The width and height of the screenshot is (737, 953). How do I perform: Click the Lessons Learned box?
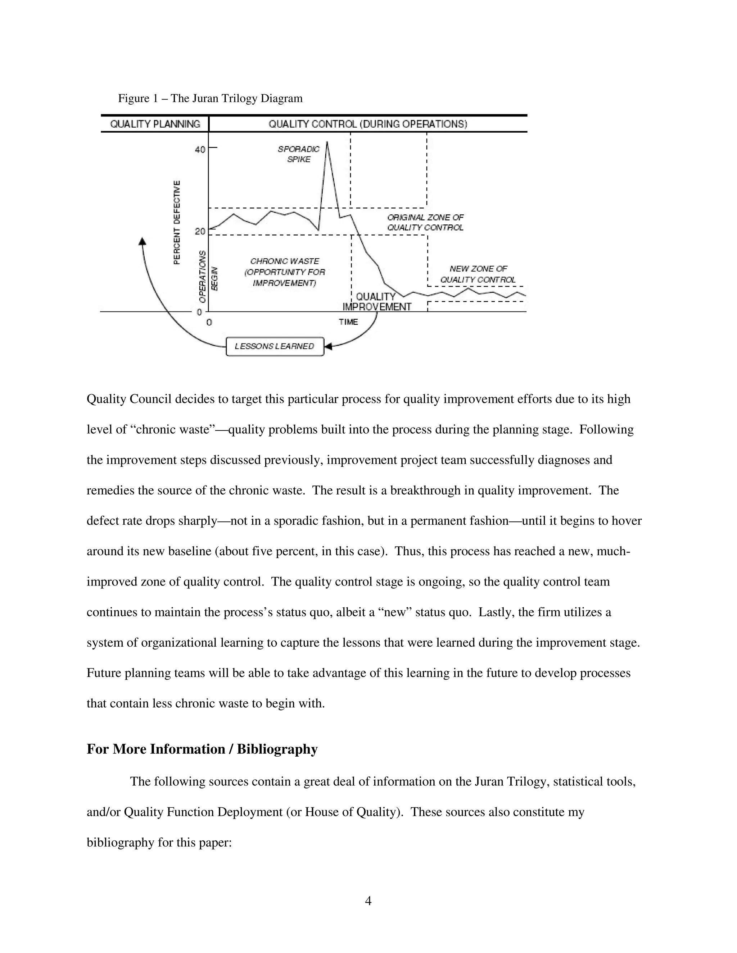pyautogui.click(x=275, y=346)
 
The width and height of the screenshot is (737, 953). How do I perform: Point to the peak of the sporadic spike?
pyautogui.click(x=327, y=142)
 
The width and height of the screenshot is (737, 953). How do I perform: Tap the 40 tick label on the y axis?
pyautogui.click(x=199, y=150)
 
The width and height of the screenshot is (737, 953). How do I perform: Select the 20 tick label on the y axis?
pyautogui.click(x=199, y=231)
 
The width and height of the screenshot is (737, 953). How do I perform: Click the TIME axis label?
pyautogui.click(x=348, y=322)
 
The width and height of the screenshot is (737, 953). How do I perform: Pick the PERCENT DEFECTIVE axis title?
pyautogui.click(x=177, y=222)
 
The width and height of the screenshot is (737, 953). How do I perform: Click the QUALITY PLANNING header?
pyautogui.click(x=155, y=124)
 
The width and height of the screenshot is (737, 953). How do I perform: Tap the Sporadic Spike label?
pyautogui.click(x=299, y=154)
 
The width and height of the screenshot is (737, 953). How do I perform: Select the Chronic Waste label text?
pyautogui.click(x=284, y=272)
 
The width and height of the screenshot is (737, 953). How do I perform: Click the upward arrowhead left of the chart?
pyautogui.click(x=143, y=241)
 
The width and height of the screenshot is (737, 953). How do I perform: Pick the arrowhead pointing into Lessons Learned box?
pyautogui.click(x=328, y=346)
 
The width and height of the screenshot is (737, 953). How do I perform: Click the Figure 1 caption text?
pyautogui.click(x=210, y=98)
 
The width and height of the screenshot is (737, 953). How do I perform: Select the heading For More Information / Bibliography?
pyautogui.click(x=202, y=749)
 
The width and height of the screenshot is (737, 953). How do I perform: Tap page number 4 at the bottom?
pyautogui.click(x=368, y=900)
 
